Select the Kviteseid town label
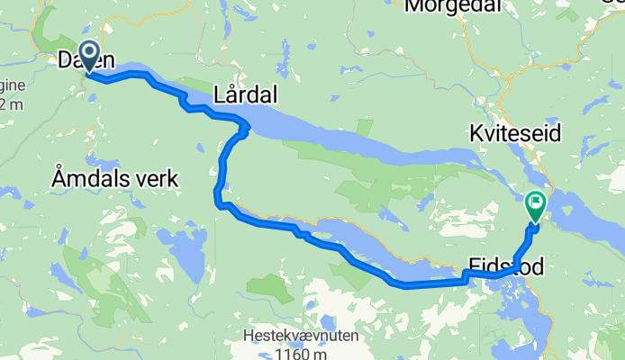click(515, 133)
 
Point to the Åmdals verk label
click(114, 179)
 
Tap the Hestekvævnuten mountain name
click(301, 337)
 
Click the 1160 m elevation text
click(301, 354)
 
